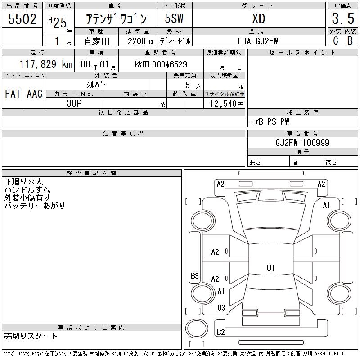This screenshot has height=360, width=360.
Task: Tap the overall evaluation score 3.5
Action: click(342, 19)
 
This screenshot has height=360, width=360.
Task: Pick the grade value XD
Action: click(258, 19)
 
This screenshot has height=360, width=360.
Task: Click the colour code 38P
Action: click(75, 103)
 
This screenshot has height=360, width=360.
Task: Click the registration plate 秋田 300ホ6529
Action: click(161, 64)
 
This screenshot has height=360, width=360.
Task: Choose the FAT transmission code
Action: click(13, 94)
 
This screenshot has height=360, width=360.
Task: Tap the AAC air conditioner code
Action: click(35, 94)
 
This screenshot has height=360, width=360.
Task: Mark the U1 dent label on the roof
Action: click(270, 268)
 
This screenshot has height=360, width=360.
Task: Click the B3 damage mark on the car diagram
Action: click(195, 276)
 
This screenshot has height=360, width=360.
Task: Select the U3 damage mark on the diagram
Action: click(221, 308)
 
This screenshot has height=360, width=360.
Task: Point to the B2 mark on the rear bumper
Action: click(221, 332)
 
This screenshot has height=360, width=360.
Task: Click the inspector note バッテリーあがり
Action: click(35, 206)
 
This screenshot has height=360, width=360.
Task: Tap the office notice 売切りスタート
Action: click(31, 336)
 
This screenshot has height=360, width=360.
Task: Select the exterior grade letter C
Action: click(335, 41)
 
